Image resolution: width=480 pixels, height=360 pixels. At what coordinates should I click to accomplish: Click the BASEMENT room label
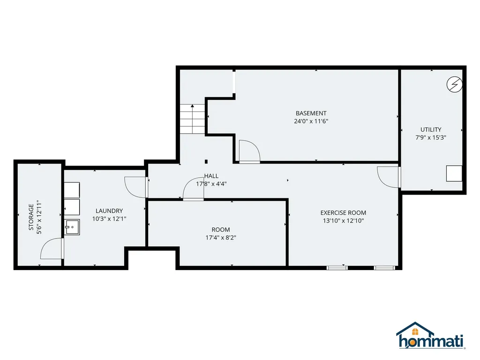pos(311,113)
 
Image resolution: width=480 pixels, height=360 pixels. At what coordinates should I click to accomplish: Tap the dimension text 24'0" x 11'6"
pos(311,121)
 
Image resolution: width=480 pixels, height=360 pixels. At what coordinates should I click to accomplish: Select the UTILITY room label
pos(431,130)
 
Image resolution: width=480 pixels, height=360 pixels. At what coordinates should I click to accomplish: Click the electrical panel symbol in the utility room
pos(454,84)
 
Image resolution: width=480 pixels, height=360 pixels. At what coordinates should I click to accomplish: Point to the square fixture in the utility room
pos(454,173)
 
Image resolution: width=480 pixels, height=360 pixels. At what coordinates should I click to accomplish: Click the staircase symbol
pos(192,120)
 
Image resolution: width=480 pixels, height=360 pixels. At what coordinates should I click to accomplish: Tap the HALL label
pos(211,176)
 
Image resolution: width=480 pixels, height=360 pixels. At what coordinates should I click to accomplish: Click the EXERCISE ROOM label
pos(343,213)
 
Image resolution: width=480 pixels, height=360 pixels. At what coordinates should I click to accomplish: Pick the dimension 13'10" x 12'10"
pos(343,221)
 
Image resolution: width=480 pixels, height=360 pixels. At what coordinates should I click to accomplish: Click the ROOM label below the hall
pos(221,230)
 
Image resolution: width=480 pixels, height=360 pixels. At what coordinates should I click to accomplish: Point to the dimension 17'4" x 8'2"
pos(221,238)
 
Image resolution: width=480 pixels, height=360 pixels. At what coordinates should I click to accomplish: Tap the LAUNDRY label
pos(109,211)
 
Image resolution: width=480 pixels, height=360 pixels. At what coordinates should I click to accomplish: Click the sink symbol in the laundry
pos(72,227)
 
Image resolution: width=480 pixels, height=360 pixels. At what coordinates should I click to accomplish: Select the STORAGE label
pos(31,217)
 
